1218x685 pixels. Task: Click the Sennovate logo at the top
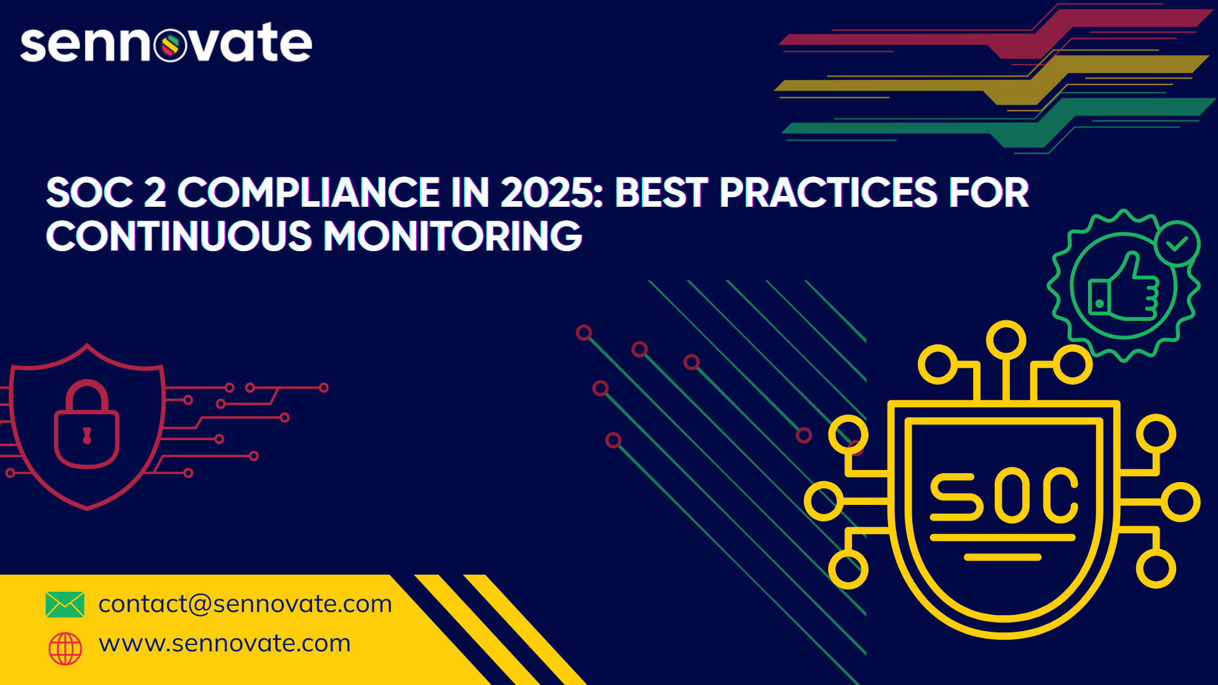pyautogui.click(x=166, y=43)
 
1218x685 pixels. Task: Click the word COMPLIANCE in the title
pyautogui.click(x=308, y=192)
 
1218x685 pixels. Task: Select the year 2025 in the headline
pyautogui.click(x=551, y=192)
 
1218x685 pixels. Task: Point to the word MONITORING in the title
pyautogui.click(x=453, y=236)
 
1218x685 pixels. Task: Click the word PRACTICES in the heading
pyautogui.click(x=828, y=192)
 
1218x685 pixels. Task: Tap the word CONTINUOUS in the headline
pyautogui.click(x=179, y=236)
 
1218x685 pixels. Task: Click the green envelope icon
pyautogui.click(x=65, y=604)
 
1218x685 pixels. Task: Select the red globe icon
pyautogui.click(x=65, y=648)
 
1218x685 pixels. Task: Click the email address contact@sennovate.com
pyautogui.click(x=246, y=604)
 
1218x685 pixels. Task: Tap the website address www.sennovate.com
pyautogui.click(x=225, y=643)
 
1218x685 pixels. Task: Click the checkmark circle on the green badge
pyautogui.click(x=1177, y=243)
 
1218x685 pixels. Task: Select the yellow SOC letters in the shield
pyautogui.click(x=1004, y=495)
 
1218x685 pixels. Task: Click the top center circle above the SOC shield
pyautogui.click(x=1006, y=340)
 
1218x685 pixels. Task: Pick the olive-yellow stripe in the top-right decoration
pyautogui.click(x=993, y=79)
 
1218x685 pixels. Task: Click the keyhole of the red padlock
pyautogui.click(x=87, y=435)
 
